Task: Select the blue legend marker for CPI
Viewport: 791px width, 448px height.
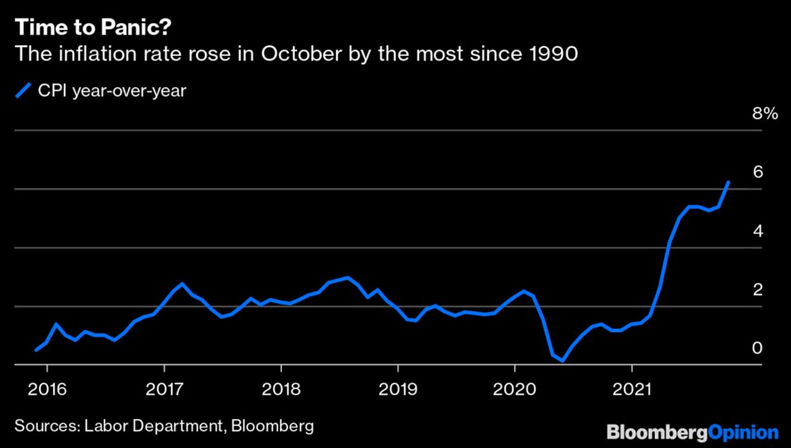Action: pyautogui.click(x=23, y=90)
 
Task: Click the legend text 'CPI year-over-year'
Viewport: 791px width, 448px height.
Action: pyautogui.click(x=112, y=91)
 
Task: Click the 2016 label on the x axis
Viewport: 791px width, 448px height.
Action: pyautogui.click(x=47, y=389)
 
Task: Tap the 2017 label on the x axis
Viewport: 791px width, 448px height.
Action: pyautogui.click(x=164, y=389)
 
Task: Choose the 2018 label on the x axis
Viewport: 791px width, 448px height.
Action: pyautogui.click(x=281, y=389)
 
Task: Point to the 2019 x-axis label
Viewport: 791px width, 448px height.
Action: pyautogui.click(x=398, y=389)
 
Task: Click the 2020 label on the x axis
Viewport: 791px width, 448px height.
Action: pyautogui.click(x=514, y=389)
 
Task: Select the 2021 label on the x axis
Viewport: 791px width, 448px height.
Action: pyautogui.click(x=632, y=389)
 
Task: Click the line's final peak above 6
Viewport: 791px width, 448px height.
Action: pyautogui.click(x=728, y=182)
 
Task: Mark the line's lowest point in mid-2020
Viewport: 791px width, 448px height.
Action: pyautogui.click(x=562, y=361)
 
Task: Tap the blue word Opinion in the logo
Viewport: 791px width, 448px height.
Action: pyautogui.click(x=744, y=433)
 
